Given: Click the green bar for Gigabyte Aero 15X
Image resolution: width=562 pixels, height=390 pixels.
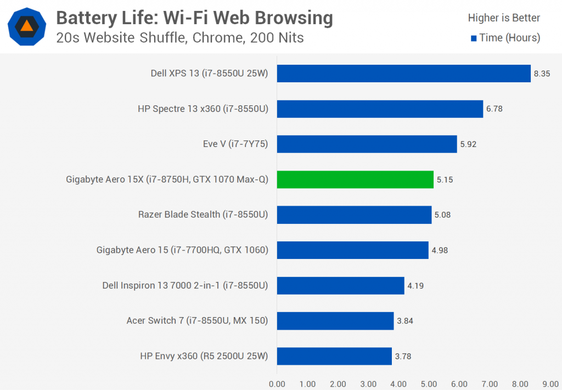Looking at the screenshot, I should pyautogui.click(x=355, y=179).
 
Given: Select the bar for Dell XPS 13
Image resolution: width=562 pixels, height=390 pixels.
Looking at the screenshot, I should pyautogui.click(x=403, y=74).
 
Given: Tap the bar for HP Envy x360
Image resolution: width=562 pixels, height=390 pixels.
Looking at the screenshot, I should pyautogui.click(x=334, y=356).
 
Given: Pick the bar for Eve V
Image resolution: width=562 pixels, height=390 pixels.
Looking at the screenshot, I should pyautogui.click(x=367, y=144).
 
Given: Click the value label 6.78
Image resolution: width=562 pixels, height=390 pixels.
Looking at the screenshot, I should pyautogui.click(x=494, y=109).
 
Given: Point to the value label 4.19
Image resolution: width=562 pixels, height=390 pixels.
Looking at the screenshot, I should pyautogui.click(x=415, y=286).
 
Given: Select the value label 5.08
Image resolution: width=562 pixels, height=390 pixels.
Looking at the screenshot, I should pyautogui.click(x=442, y=215).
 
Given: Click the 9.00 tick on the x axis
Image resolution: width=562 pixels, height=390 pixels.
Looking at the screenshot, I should pyautogui.click(x=550, y=384).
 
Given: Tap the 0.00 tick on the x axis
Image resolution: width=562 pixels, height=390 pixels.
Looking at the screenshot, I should pyautogui.click(x=277, y=384).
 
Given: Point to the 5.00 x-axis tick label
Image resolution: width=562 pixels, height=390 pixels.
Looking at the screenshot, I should pyautogui.click(x=429, y=384).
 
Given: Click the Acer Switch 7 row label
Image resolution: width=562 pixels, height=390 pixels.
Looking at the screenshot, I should pyautogui.click(x=197, y=321).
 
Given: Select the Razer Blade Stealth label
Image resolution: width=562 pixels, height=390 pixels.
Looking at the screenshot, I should pyautogui.click(x=203, y=214).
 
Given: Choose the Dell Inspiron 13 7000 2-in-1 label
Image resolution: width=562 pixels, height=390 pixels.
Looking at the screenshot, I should pyautogui.click(x=185, y=285).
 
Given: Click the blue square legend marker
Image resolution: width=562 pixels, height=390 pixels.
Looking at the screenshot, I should pyautogui.click(x=474, y=38).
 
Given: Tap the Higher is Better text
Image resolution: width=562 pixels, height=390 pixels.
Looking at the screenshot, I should pyautogui.click(x=504, y=18).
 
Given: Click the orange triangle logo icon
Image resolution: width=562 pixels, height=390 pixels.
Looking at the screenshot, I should pyautogui.click(x=26, y=26).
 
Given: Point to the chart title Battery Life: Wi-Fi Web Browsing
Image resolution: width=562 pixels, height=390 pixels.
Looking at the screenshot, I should pyautogui.click(x=194, y=18).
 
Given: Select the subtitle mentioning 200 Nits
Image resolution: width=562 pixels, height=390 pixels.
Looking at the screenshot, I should pyautogui.click(x=180, y=38).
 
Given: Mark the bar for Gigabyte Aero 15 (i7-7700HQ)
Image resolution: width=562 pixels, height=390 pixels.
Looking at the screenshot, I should pyautogui.click(x=352, y=250).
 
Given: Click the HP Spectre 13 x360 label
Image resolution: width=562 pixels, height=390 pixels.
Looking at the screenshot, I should pyautogui.click(x=203, y=109).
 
